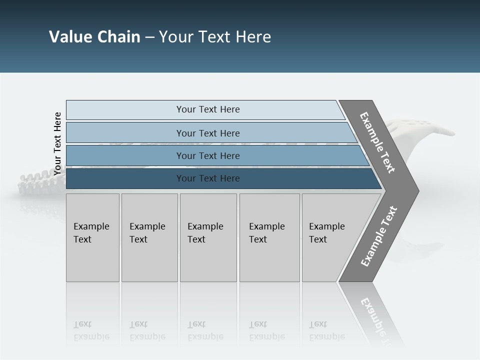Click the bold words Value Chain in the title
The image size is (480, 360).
94,37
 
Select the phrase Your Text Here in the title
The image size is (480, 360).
215,37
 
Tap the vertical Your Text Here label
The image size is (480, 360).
57,143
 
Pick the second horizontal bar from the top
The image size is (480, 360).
207,133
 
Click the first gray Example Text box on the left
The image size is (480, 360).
92,237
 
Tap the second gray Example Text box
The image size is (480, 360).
149,237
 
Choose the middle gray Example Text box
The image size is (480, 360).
208,237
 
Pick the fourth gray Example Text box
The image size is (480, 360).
269,237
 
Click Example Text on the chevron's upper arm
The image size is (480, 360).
377,142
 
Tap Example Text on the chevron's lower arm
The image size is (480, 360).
378,236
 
